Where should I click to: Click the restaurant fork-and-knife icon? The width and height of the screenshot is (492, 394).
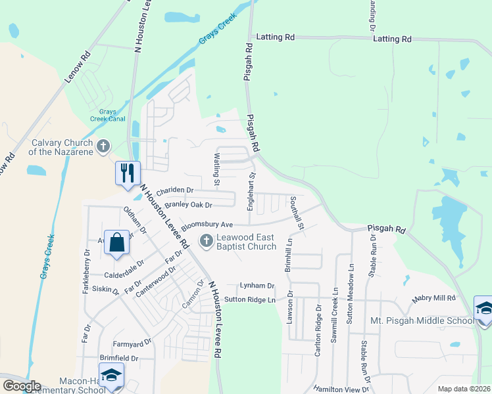[x=127, y=173]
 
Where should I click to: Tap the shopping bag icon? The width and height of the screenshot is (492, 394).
[x=116, y=242]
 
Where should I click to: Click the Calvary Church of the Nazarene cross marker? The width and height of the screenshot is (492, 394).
[x=103, y=146]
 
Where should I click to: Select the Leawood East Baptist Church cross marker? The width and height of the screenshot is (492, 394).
[x=207, y=241]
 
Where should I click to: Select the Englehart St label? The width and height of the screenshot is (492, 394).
[x=251, y=191]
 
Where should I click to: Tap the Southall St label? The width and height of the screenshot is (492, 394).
[x=298, y=213]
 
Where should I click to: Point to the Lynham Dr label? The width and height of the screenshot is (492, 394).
[x=257, y=286]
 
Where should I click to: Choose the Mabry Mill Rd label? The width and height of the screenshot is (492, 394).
[x=434, y=298]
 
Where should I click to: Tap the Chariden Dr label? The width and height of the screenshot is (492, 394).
[x=175, y=190]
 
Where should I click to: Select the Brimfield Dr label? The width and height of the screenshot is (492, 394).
[x=119, y=359]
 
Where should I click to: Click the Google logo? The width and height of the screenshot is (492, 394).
[x=22, y=385]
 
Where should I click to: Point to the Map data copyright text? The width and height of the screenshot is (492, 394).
[x=464, y=389]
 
